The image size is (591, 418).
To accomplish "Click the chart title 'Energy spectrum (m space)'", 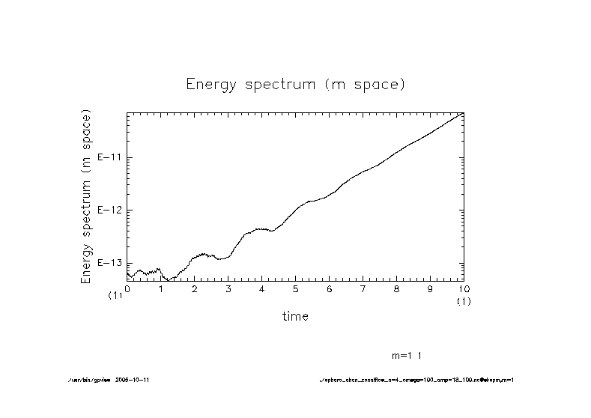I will coord(295,84).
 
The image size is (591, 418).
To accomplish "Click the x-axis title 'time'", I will coord(295,316).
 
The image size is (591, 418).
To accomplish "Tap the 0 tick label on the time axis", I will coord(127,288).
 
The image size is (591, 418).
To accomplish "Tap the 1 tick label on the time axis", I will coord(161,288).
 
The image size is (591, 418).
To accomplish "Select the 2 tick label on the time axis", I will coord(195,288).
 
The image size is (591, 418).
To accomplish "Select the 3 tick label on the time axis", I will coord(228,288).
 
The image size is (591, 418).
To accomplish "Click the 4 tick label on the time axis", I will coord(262,288).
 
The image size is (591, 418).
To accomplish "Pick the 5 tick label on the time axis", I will coord(296,288).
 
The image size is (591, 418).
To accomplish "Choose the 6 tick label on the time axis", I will coord(330,288).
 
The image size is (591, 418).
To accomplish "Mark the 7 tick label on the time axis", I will coord(363,288).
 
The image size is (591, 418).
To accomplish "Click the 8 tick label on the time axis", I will coord(397,288).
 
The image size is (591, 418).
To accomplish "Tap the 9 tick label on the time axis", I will coord(431,288).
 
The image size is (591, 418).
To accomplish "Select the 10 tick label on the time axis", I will coord(464,288).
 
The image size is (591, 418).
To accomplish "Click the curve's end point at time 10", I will coord(464,112).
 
